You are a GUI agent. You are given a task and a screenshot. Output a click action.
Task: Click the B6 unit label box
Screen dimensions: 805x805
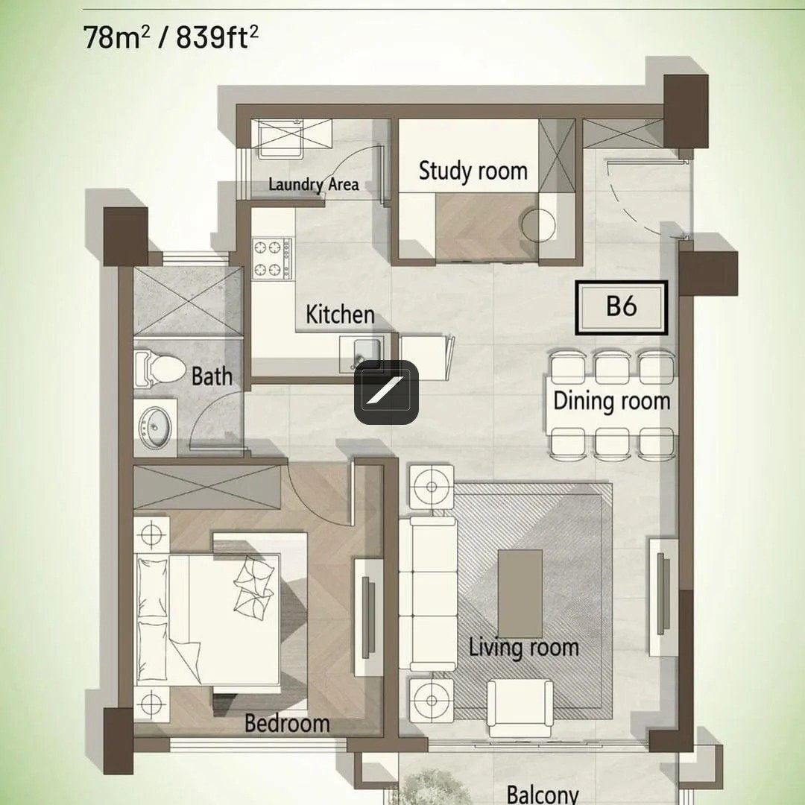pyautogui.click(x=621, y=307)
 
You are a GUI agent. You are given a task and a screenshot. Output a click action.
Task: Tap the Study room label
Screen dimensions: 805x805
pyautogui.click(x=473, y=171)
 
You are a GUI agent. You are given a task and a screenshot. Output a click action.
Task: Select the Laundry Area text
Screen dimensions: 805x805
pyautogui.click(x=314, y=184)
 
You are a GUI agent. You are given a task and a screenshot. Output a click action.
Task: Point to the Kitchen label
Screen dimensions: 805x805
pyautogui.click(x=340, y=315)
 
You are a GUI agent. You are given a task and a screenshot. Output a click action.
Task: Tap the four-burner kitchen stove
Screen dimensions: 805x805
pyautogui.click(x=272, y=259)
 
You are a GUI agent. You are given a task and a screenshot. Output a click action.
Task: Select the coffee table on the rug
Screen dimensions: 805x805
pyautogui.click(x=520, y=593)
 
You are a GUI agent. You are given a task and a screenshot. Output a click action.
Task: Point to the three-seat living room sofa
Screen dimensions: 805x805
pyautogui.click(x=428, y=593)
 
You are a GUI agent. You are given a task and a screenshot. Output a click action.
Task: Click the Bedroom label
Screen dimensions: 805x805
pyautogui.click(x=287, y=723)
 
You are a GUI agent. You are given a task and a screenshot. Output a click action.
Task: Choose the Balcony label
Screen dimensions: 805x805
pyautogui.click(x=542, y=794)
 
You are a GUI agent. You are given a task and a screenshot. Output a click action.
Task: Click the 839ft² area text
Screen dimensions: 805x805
pyautogui.click(x=217, y=37)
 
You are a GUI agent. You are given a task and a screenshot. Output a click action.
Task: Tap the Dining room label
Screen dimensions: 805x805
pyautogui.click(x=612, y=401)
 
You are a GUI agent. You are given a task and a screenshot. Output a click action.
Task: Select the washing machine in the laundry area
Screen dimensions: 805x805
pyautogui.click(x=280, y=139)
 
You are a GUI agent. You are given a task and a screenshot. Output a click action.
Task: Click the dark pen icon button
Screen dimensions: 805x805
pyautogui.click(x=386, y=392)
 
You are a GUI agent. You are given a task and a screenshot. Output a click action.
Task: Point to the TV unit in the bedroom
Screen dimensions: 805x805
pyautogui.click(x=368, y=618)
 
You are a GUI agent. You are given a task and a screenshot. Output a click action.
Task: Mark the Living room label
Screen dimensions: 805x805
pyautogui.click(x=524, y=648)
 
